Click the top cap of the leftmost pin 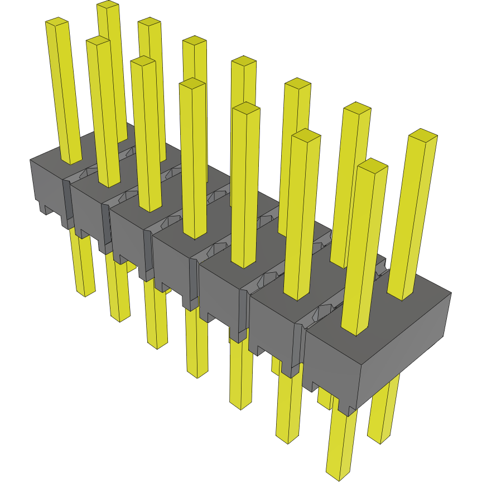(56, 22)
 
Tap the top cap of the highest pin (108, 5)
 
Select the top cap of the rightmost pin (423, 134)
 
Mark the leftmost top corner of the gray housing (30, 160)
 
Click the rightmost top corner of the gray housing (451, 291)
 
